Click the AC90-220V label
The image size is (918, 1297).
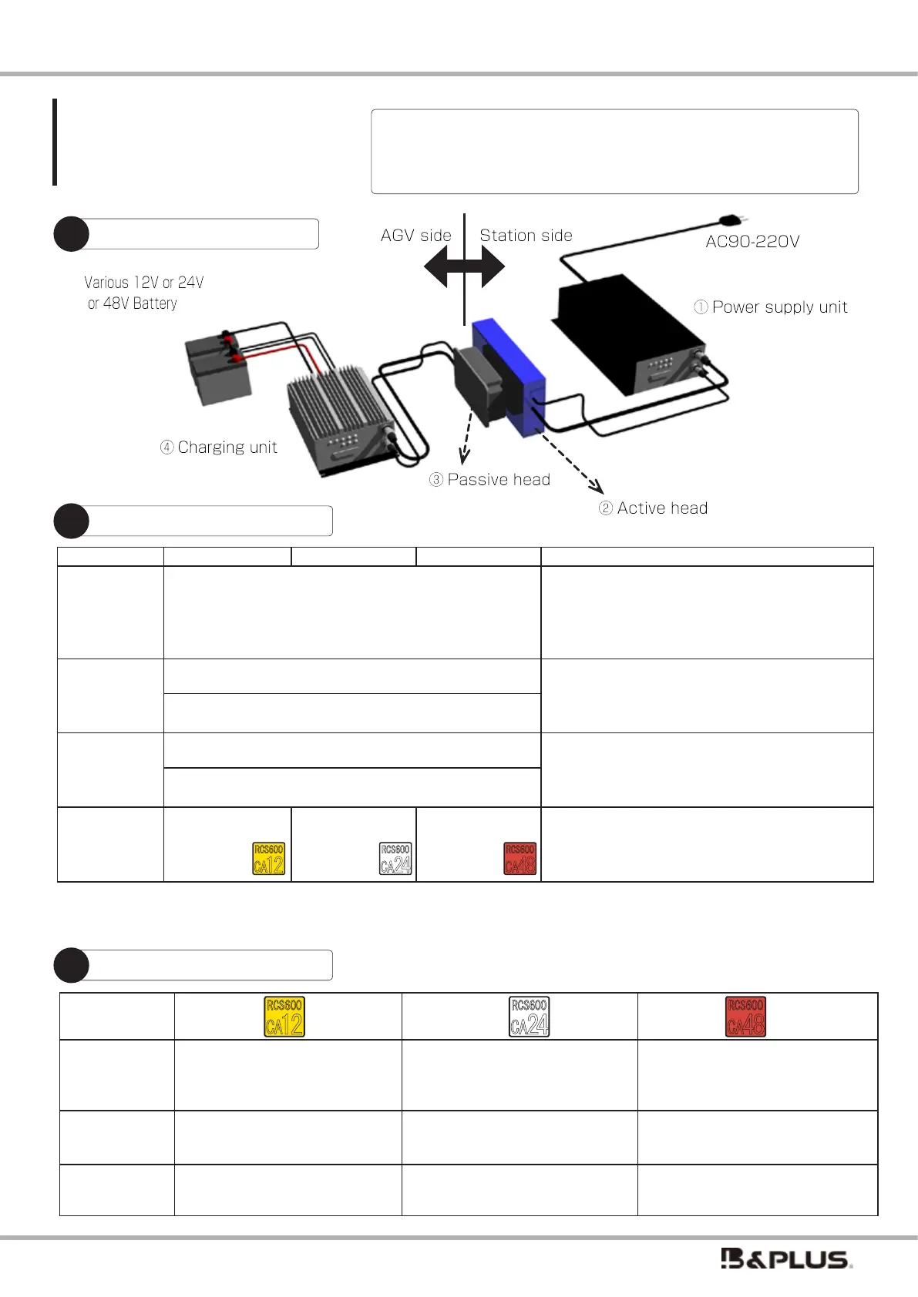click(752, 241)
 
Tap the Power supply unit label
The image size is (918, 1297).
click(771, 307)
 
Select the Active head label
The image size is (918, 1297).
click(654, 508)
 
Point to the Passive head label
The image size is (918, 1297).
click(490, 480)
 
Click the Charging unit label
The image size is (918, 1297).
click(219, 447)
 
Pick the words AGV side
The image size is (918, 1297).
click(416, 236)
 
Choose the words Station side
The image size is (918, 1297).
click(526, 236)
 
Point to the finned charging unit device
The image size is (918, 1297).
click(339, 416)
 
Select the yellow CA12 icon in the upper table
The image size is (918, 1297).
click(269, 858)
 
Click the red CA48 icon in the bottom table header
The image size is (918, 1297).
click(745, 1017)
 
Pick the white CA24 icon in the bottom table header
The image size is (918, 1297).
click(530, 1017)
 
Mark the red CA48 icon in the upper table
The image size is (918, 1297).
click(520, 858)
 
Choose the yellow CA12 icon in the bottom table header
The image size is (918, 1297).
click(284, 1017)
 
